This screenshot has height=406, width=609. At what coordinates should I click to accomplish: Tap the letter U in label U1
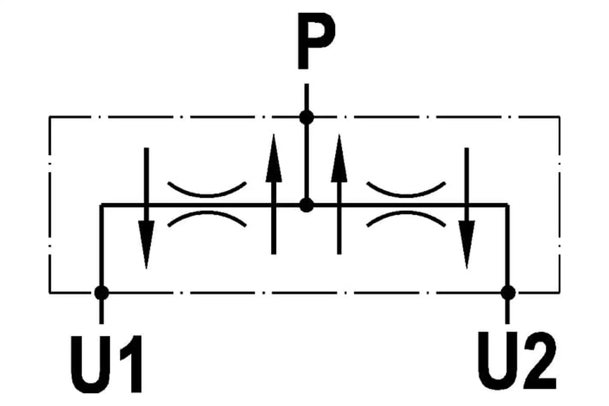coord(92,364)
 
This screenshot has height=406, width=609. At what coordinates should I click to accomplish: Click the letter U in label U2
coord(498,360)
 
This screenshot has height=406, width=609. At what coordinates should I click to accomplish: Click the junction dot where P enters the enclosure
coord(306,118)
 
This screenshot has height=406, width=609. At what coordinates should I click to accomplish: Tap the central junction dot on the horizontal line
coord(306,206)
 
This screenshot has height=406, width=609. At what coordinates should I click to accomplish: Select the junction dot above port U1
coord(102,292)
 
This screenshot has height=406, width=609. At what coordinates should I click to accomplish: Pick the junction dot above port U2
coord(508,292)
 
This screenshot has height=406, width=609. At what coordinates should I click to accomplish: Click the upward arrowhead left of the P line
coord(274,158)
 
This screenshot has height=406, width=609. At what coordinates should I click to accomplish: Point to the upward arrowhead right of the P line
coord(339,158)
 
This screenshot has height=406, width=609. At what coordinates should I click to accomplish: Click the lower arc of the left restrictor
coord(207,219)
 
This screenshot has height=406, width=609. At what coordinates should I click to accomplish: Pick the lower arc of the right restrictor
coord(406,219)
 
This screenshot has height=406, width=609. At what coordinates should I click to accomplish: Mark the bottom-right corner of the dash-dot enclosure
coord(560,292)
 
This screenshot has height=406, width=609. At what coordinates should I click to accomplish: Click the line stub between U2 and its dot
coord(507,312)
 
